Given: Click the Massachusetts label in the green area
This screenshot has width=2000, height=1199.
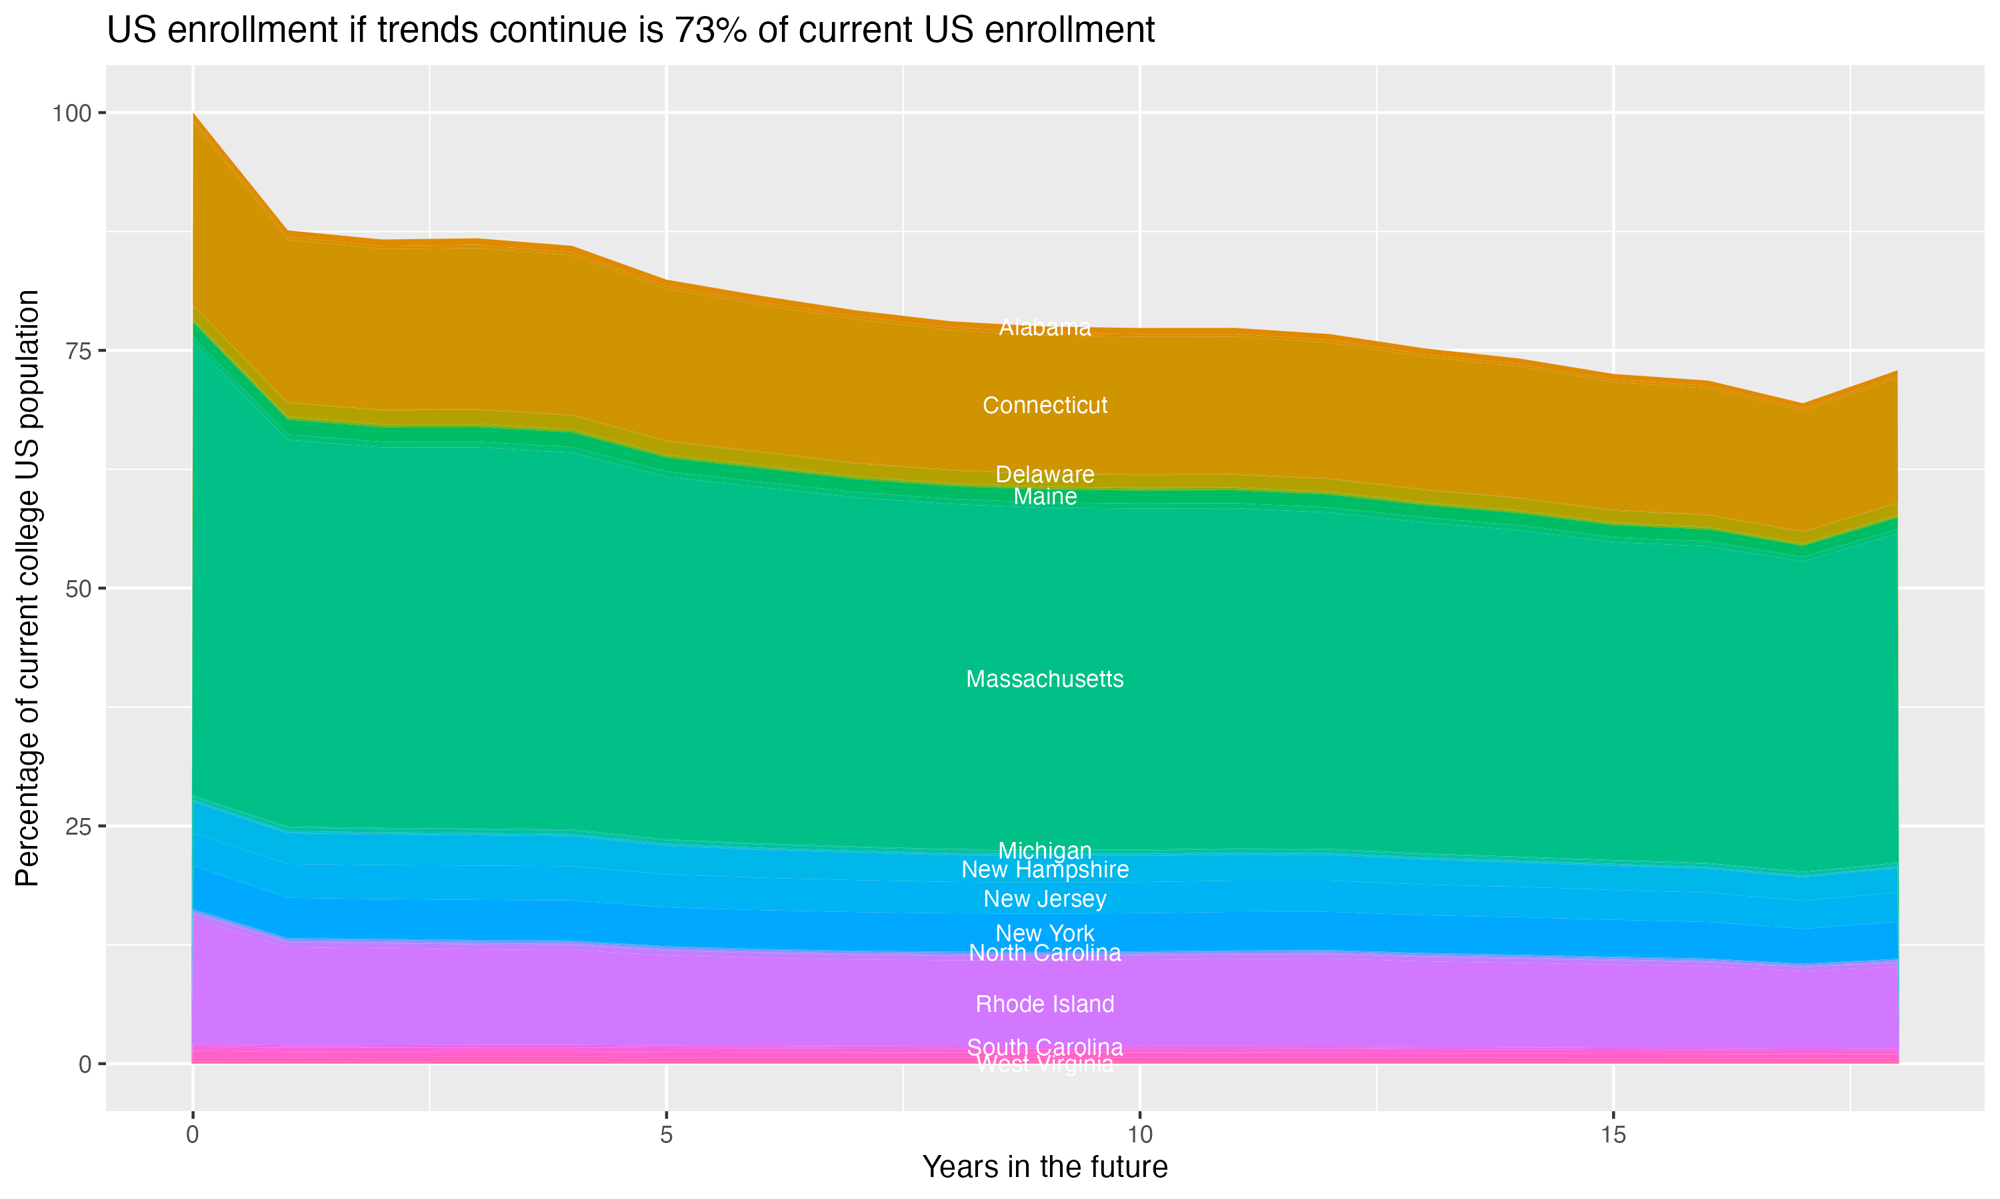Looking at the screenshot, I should [1045, 679].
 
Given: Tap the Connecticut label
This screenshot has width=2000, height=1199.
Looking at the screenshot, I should [1045, 406].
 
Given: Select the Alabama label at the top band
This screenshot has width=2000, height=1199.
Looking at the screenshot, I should [1045, 328].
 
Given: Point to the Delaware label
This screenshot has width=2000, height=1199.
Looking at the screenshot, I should [1045, 474].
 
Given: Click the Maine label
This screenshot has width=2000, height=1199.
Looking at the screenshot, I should [1045, 497].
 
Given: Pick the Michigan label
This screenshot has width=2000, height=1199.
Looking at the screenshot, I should [1045, 851].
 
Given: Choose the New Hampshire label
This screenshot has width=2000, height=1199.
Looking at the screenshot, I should [1045, 870].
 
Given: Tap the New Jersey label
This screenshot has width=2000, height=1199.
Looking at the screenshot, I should [1045, 899].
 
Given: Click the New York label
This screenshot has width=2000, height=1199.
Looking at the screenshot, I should [1045, 933].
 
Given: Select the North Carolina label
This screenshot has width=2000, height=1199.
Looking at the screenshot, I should [1045, 953].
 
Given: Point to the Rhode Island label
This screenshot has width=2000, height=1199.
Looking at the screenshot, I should [1045, 1004].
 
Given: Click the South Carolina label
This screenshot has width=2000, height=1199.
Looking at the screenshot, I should [1045, 1047].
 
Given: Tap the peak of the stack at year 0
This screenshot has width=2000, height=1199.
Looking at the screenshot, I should [193, 114].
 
